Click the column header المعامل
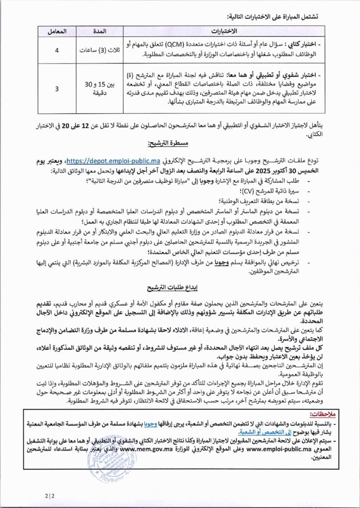pos(56,32)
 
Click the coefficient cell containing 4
pos(56,50)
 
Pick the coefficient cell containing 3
pos(56,89)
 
